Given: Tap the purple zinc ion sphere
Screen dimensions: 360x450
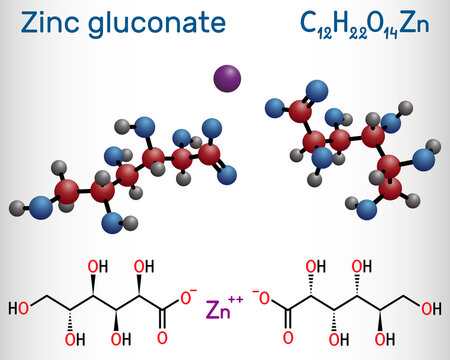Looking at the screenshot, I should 225,76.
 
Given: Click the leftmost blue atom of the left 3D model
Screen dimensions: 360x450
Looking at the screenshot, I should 40,208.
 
